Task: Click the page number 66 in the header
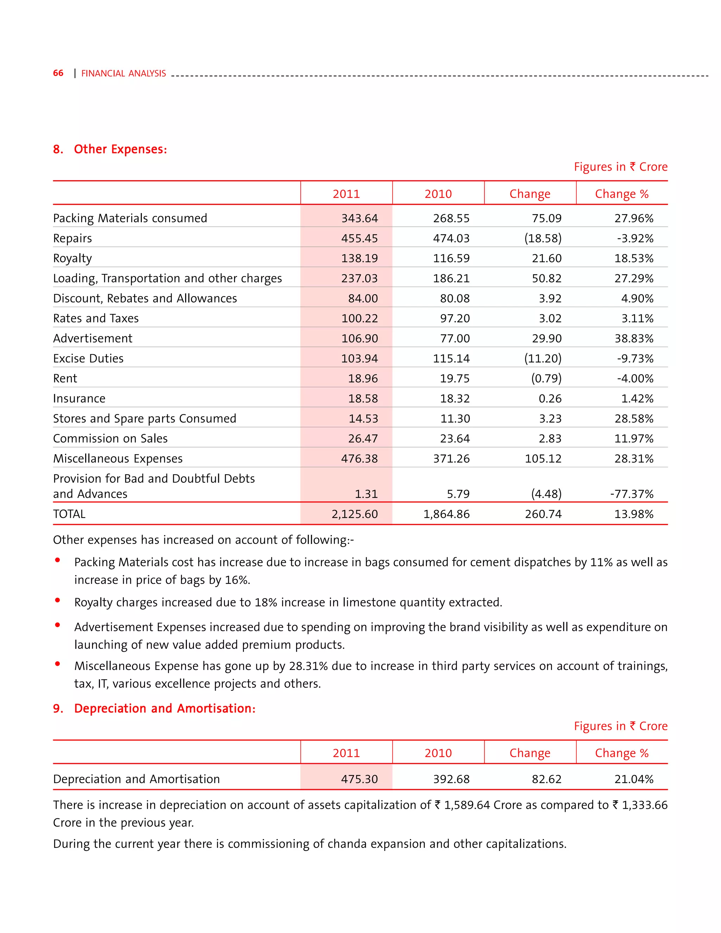point(58,73)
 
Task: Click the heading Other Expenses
point(120,149)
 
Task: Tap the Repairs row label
point(72,238)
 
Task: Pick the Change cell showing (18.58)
point(543,238)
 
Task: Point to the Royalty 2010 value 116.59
point(451,258)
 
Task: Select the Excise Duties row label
point(88,358)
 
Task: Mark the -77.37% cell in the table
point(631,494)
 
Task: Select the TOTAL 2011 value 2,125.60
point(355,514)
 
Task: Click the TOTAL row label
point(69,514)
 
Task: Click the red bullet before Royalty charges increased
point(58,600)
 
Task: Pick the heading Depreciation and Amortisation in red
point(164,708)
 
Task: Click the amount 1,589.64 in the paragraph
point(467,805)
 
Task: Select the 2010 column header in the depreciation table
point(438,753)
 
